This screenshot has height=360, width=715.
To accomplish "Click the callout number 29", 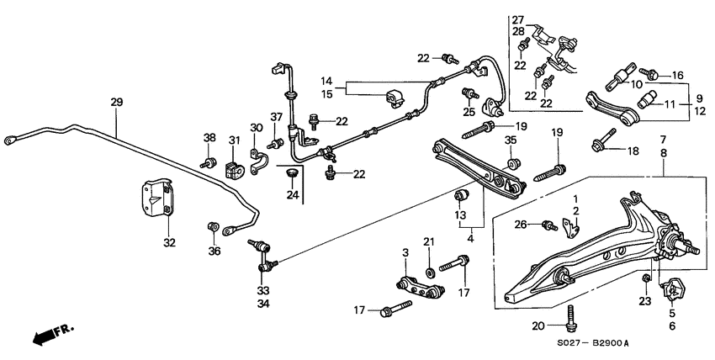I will (x=116, y=102).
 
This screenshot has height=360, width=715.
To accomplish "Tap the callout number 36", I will (x=214, y=250).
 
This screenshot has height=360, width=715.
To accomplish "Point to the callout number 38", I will (x=209, y=137).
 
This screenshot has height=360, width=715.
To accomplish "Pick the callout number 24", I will (x=293, y=195).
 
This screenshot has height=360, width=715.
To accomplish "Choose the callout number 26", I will (x=521, y=224).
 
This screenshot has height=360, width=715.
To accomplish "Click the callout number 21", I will (x=429, y=243).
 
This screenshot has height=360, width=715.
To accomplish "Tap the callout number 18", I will (x=633, y=151).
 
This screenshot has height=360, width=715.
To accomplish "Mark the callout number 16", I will (x=678, y=75).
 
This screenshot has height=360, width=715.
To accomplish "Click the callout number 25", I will (x=469, y=111).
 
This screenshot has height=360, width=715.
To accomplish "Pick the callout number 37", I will (x=275, y=117).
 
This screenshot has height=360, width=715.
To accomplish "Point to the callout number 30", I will (x=255, y=128).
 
